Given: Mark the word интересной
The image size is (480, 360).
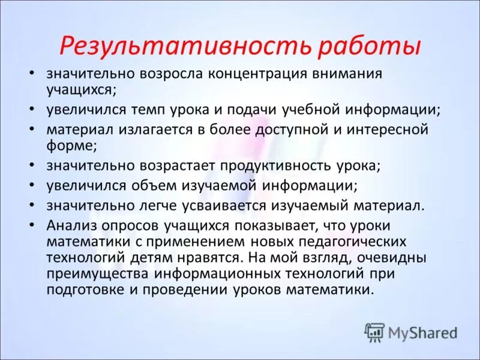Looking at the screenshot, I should pos(383,130).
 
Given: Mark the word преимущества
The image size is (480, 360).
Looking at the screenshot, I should pos(96,273).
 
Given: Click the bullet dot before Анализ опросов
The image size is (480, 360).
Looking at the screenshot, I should pos(32,224).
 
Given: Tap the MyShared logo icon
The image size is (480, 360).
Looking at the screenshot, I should pos(374,332).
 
